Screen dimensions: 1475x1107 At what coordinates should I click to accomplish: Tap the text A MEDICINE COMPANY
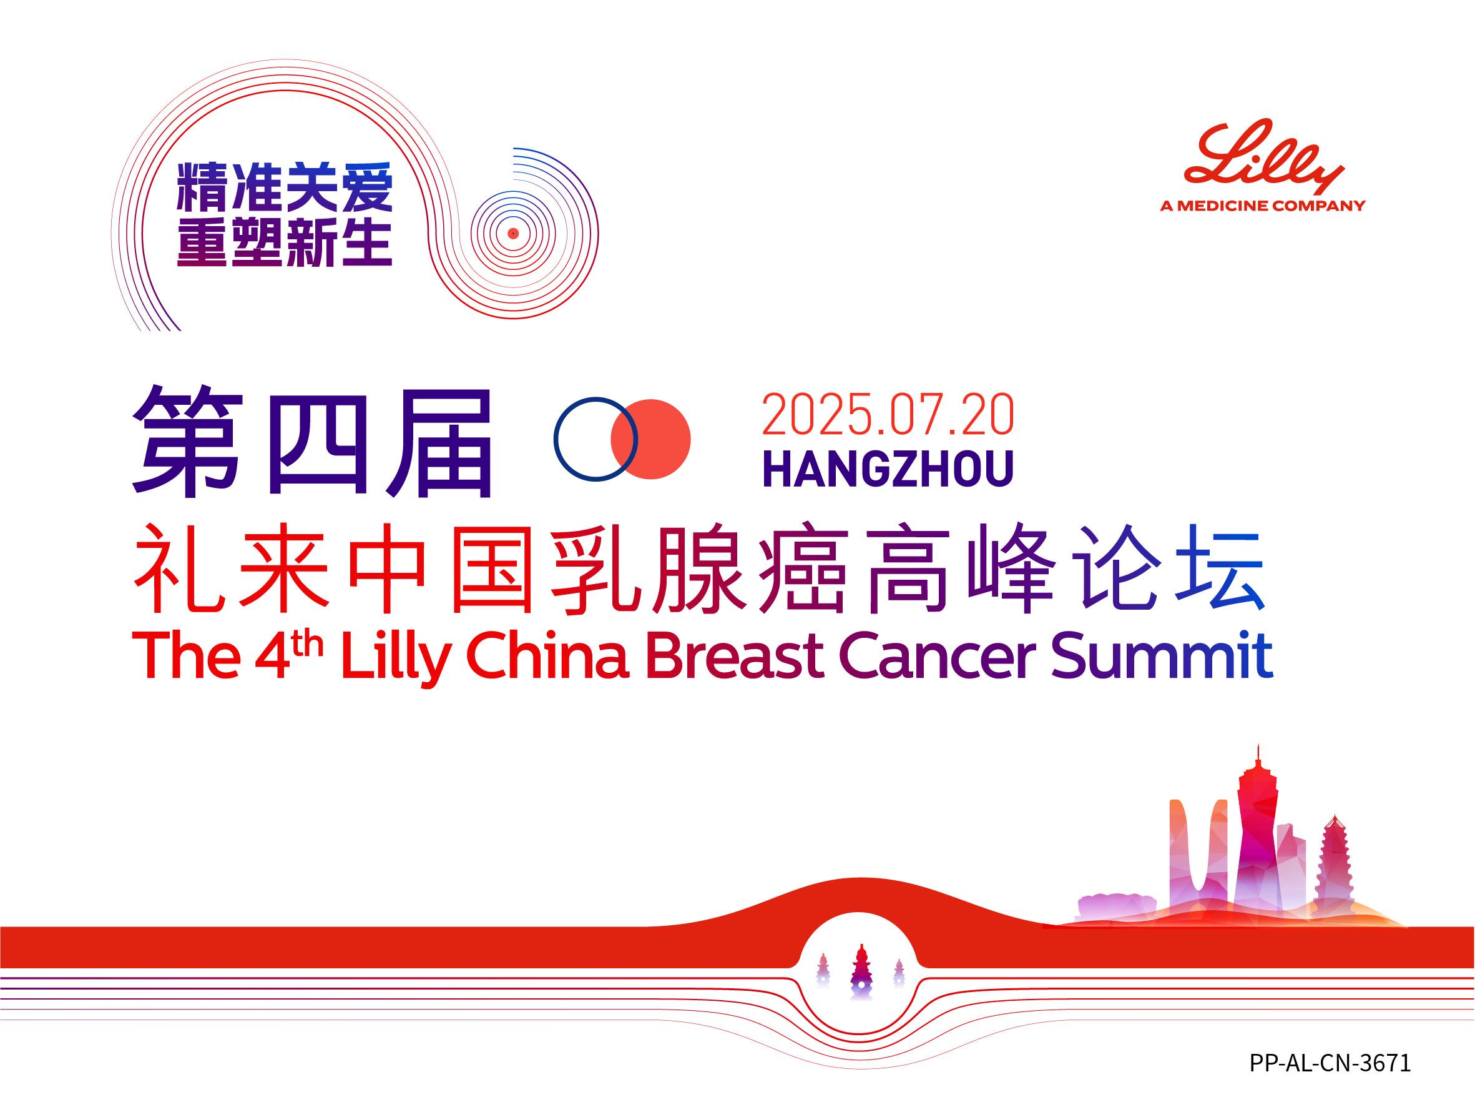coord(1263,206)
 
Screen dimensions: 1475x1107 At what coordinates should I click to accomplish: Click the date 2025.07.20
coord(888,415)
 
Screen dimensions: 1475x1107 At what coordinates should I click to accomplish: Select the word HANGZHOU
coord(888,469)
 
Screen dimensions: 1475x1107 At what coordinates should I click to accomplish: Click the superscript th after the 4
coord(309,644)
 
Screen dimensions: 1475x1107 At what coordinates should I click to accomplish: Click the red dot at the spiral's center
coord(512,234)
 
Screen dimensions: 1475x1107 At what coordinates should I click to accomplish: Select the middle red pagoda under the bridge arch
coord(861,971)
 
